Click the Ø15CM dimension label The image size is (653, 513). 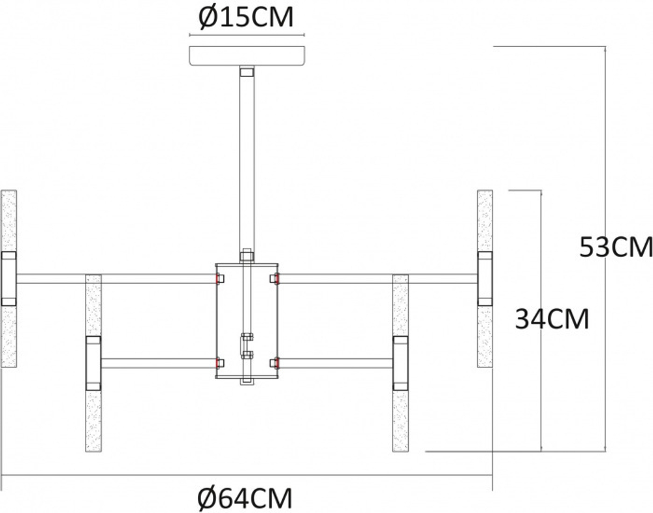[x=246, y=18]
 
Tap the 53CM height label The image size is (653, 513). [x=615, y=247]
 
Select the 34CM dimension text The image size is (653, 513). [x=552, y=319]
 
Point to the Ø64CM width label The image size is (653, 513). [x=244, y=499]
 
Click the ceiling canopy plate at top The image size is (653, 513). [x=246, y=56]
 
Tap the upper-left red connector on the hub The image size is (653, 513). [x=217, y=279]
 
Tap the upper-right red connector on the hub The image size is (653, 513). [x=277, y=279]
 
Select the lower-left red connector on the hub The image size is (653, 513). [x=217, y=363]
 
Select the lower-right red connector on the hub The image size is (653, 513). [x=277, y=363]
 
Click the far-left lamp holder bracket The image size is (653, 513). [x=8, y=279]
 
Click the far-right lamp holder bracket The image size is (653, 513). [x=485, y=279]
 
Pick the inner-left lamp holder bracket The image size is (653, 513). [x=93, y=363]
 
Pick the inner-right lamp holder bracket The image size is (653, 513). [x=400, y=363]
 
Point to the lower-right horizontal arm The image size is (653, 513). [x=336, y=363]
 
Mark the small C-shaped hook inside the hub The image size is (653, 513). [x=246, y=346]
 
